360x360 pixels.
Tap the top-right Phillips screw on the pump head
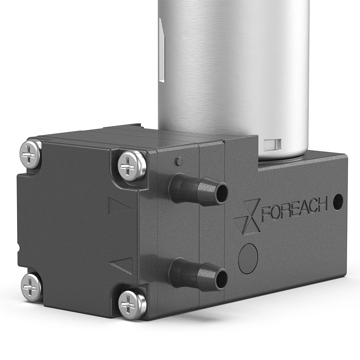(x=131, y=166)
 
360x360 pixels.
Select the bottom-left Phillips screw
(x=31, y=287)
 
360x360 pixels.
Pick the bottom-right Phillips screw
(x=132, y=305)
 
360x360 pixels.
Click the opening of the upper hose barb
(x=222, y=193)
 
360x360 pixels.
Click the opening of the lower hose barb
(x=221, y=279)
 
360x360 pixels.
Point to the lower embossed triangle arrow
(x=121, y=266)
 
